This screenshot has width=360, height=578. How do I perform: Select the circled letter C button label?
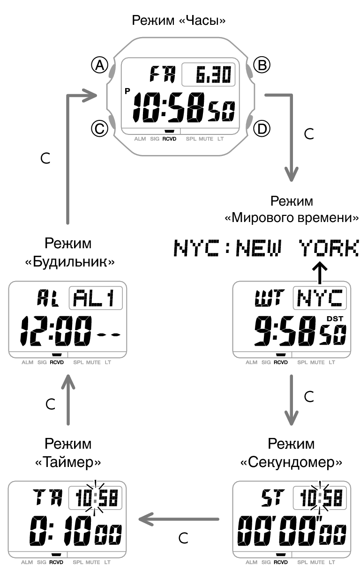coord(99,128)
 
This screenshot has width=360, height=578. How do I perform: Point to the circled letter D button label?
coord(262,128)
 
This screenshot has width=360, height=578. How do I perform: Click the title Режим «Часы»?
coord(180,21)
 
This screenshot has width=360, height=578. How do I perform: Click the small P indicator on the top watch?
coord(127,91)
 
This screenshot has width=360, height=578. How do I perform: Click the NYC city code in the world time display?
coord(320,298)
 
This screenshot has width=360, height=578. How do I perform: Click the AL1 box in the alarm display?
coord(96,298)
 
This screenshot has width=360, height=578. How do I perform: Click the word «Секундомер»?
coord(291,463)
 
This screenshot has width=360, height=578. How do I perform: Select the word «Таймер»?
coord(68,463)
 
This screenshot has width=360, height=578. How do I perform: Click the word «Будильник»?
coord(69,263)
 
